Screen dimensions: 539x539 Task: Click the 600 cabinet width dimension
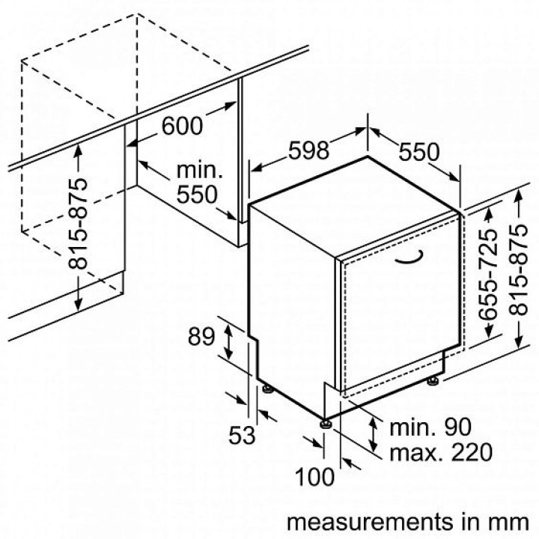182,126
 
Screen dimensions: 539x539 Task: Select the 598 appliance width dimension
308,150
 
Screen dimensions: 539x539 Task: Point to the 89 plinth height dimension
201,337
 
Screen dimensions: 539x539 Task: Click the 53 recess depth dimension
243,435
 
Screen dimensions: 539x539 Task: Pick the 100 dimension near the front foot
314,477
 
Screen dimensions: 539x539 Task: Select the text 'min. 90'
430,427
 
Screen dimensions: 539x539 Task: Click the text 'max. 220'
441,452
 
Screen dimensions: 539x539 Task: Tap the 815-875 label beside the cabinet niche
78,223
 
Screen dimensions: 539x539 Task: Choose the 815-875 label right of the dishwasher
518,269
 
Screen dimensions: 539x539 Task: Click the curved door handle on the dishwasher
409,258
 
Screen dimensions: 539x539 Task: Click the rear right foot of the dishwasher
432,381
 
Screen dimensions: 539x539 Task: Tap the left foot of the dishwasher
268,388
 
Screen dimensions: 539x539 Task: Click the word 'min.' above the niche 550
200,170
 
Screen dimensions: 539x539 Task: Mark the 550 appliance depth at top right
419,151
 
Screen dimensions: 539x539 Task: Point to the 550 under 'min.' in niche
197,194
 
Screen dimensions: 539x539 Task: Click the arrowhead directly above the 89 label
228,330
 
